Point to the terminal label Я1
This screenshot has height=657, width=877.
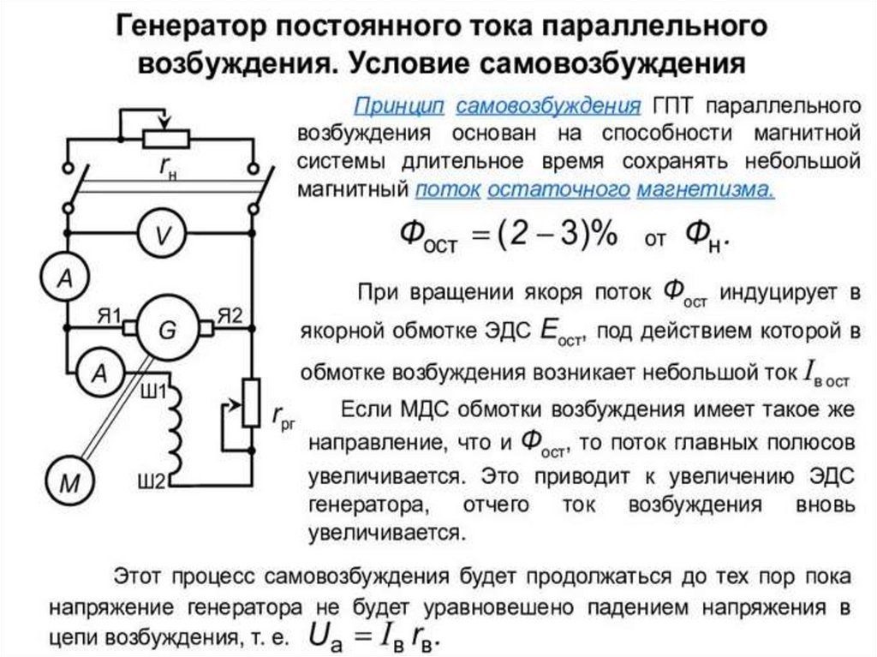click(109, 315)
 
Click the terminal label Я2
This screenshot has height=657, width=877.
click(230, 315)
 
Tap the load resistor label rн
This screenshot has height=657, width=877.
click(167, 169)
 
